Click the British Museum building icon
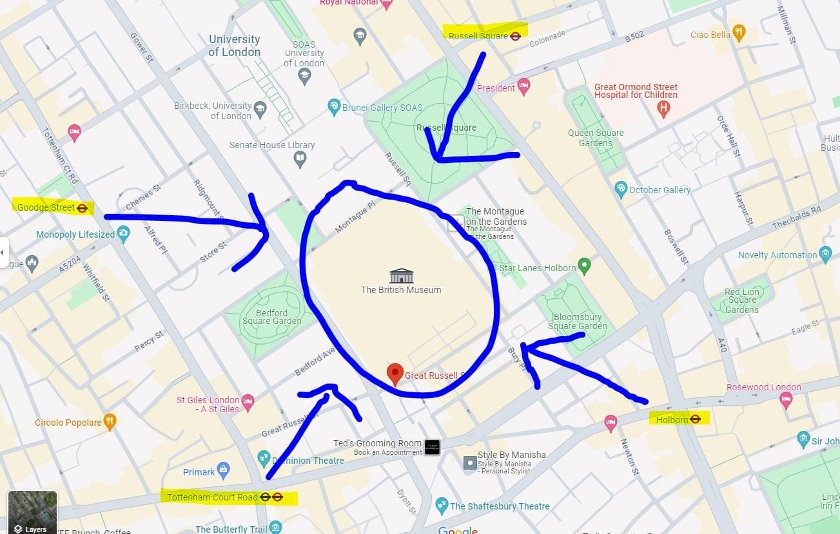(401, 276)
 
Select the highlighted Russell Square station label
(484, 36)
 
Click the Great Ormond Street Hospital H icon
(663, 110)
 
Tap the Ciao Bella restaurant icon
(739, 33)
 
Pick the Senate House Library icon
(300, 158)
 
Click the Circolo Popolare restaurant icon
(110, 422)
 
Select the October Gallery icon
(621, 189)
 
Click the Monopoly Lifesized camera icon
(124, 234)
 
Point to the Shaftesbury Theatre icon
(442, 505)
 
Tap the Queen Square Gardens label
(595, 138)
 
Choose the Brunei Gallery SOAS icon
(333, 106)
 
